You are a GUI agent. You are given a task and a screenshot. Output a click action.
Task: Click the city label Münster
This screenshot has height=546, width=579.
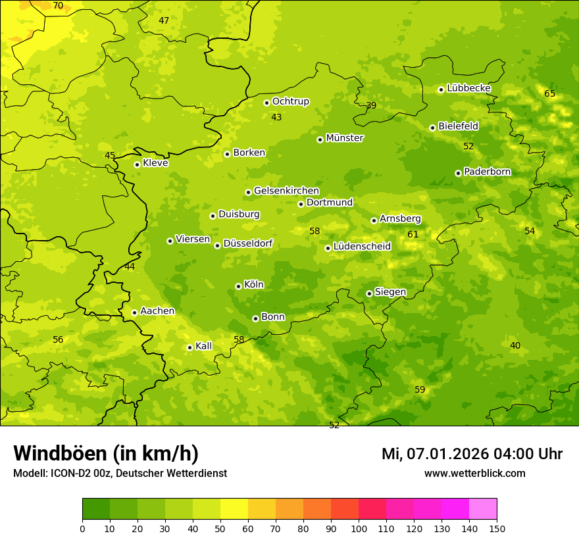click(x=345, y=138)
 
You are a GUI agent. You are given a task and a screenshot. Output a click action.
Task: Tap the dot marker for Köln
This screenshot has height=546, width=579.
click(x=238, y=286)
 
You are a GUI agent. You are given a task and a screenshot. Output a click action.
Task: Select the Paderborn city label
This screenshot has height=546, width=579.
click(x=488, y=172)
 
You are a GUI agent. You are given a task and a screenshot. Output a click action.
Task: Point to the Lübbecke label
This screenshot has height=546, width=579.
click(x=468, y=88)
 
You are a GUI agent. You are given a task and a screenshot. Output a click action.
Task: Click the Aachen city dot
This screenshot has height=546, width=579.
click(x=134, y=312)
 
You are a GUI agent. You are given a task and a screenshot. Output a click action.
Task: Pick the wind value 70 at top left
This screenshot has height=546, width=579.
click(x=58, y=6)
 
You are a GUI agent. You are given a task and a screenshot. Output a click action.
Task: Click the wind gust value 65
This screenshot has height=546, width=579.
click(x=549, y=94)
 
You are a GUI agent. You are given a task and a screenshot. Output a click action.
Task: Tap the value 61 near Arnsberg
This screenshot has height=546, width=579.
click(x=413, y=235)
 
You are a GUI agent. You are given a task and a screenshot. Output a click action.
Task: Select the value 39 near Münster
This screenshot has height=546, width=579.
click(x=371, y=106)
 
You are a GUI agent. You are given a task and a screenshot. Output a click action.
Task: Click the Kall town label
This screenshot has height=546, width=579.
click(x=204, y=346)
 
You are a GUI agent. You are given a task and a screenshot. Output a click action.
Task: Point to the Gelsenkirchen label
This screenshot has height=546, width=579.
click(x=286, y=191)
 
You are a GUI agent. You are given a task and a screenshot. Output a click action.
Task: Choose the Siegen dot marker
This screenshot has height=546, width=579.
click(x=369, y=293)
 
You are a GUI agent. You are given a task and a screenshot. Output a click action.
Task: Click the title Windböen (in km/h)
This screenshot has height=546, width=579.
click(x=106, y=453)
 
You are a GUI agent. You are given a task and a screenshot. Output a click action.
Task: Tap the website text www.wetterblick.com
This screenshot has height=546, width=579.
click(x=475, y=474)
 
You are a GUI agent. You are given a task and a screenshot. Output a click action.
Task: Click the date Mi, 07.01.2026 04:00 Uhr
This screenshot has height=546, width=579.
click(x=472, y=454)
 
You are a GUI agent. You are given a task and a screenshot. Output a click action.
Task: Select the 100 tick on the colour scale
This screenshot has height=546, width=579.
click(x=359, y=528)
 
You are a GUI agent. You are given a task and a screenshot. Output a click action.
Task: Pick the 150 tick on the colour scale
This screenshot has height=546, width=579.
click(x=497, y=528)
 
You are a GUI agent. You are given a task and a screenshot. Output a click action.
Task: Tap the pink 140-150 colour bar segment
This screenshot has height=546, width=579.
click(x=483, y=509)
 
